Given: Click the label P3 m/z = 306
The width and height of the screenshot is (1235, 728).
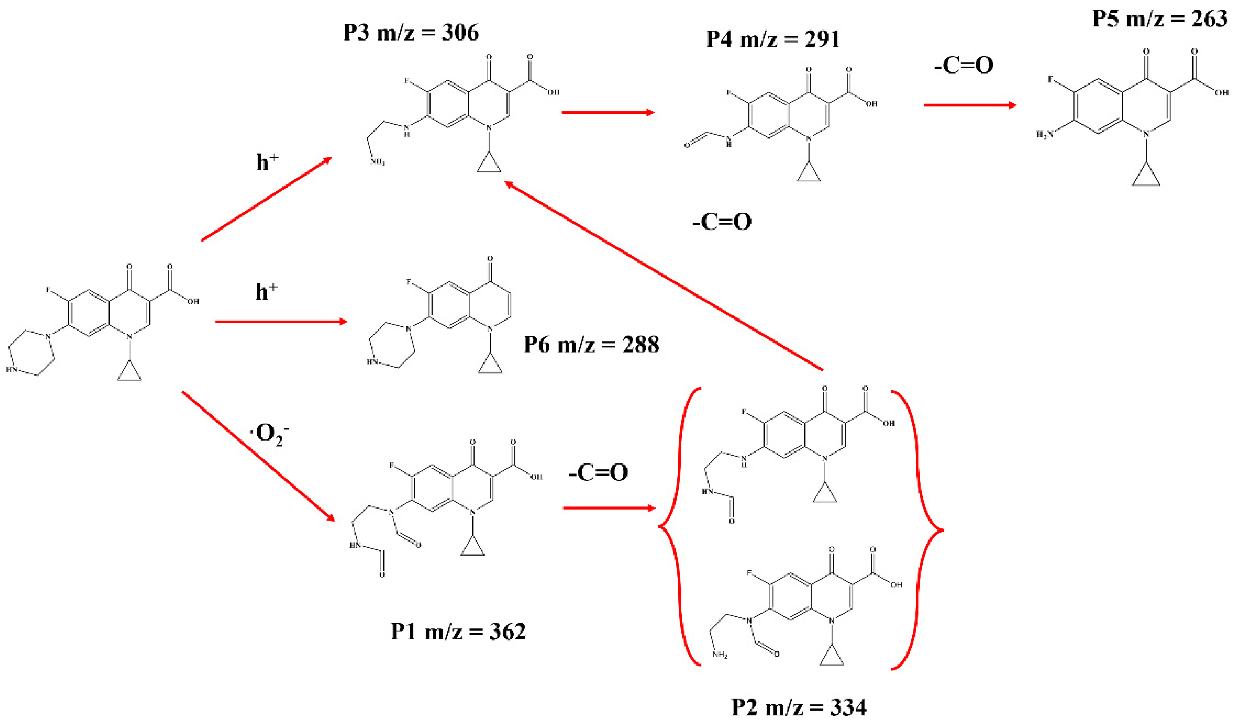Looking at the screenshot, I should (411, 33).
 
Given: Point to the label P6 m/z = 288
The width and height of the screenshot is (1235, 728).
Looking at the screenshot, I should (591, 345).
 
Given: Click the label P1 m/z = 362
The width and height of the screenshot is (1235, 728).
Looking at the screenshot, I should (458, 631).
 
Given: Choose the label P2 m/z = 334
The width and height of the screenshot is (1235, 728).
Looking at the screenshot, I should (799, 707).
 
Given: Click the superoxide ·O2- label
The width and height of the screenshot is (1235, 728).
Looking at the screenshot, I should (269, 434).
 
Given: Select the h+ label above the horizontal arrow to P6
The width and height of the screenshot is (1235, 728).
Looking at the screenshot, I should (266, 292).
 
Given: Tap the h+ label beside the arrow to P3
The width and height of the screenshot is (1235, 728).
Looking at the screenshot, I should (267, 162).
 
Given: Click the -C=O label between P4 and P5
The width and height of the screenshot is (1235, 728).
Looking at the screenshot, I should (964, 66).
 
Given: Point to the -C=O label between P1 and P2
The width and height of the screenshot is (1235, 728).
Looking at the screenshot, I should (598, 473).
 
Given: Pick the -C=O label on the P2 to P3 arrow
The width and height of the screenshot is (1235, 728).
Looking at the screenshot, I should (722, 222).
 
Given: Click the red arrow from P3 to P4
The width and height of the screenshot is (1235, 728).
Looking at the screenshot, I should (607, 112).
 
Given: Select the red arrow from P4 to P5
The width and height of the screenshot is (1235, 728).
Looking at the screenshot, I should (970, 105).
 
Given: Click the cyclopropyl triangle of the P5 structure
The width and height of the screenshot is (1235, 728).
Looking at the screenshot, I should (1146, 177).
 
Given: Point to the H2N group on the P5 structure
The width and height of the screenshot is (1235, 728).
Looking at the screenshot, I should (1044, 134).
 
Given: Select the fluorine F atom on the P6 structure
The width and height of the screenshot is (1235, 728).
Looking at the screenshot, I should (409, 282).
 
